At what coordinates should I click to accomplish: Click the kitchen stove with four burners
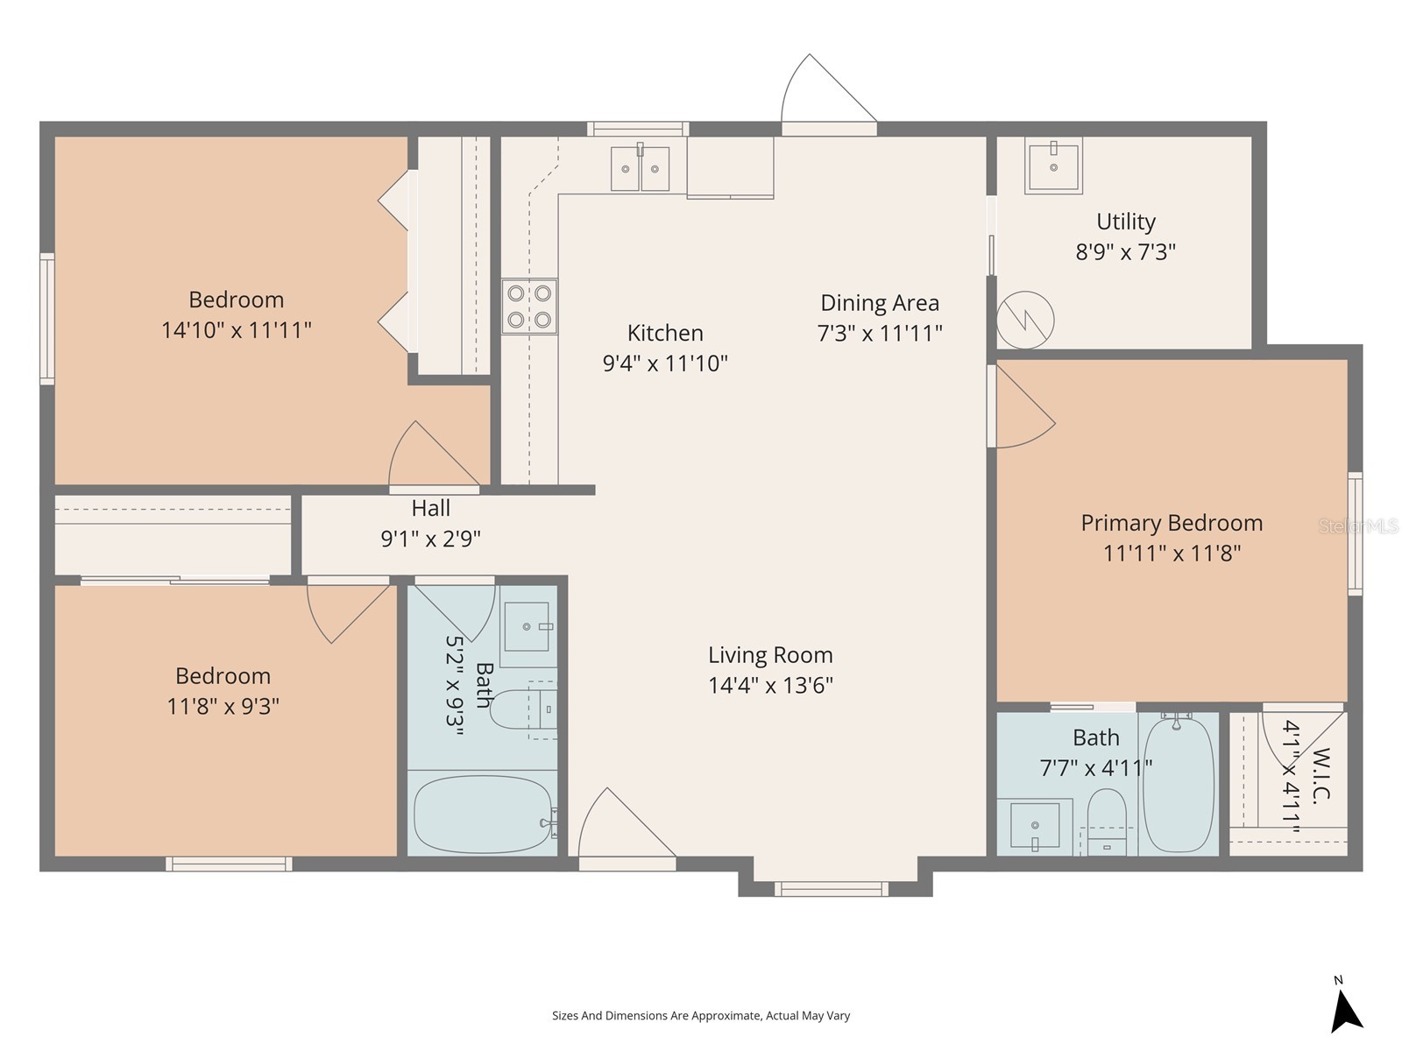point(529,307)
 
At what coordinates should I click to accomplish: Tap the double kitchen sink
point(640,168)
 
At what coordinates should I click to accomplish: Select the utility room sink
point(1053,166)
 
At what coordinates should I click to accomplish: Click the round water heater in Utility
point(1025,320)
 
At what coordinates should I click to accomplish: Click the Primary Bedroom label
point(1172,523)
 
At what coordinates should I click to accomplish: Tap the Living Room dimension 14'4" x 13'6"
point(770,685)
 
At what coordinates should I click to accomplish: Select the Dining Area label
point(880,303)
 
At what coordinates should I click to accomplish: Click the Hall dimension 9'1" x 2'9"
point(430,539)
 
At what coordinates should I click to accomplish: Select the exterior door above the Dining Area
point(828,96)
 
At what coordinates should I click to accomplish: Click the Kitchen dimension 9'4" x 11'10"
point(665,363)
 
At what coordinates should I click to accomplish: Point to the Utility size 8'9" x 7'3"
point(1125,252)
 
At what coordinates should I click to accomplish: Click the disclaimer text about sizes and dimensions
point(701,1016)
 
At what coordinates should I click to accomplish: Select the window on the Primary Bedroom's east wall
point(1355,534)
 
